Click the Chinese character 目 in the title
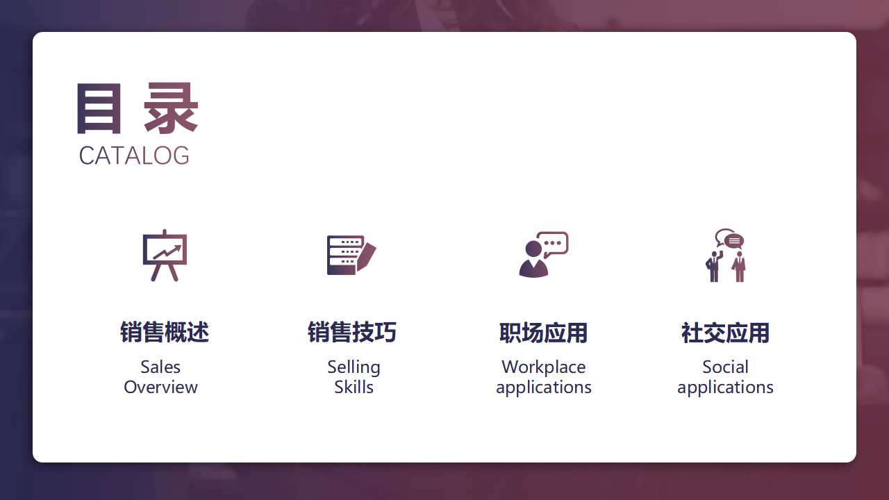[x=99, y=109]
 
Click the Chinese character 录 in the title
[x=171, y=109]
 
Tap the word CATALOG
[x=134, y=156]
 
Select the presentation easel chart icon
[x=165, y=255]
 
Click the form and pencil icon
[x=351, y=255]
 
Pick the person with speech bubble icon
[x=542, y=255]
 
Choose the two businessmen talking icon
[x=726, y=255]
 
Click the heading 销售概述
[x=165, y=333]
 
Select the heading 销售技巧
[x=352, y=333]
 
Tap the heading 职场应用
[x=543, y=333]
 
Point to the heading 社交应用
[x=726, y=333]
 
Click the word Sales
[x=160, y=367]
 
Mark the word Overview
[x=160, y=387]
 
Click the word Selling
[x=354, y=367]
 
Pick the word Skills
[x=354, y=387]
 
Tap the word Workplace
[x=543, y=367]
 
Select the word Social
[x=725, y=367]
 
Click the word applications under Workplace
[x=543, y=387]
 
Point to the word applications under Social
[x=725, y=387]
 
